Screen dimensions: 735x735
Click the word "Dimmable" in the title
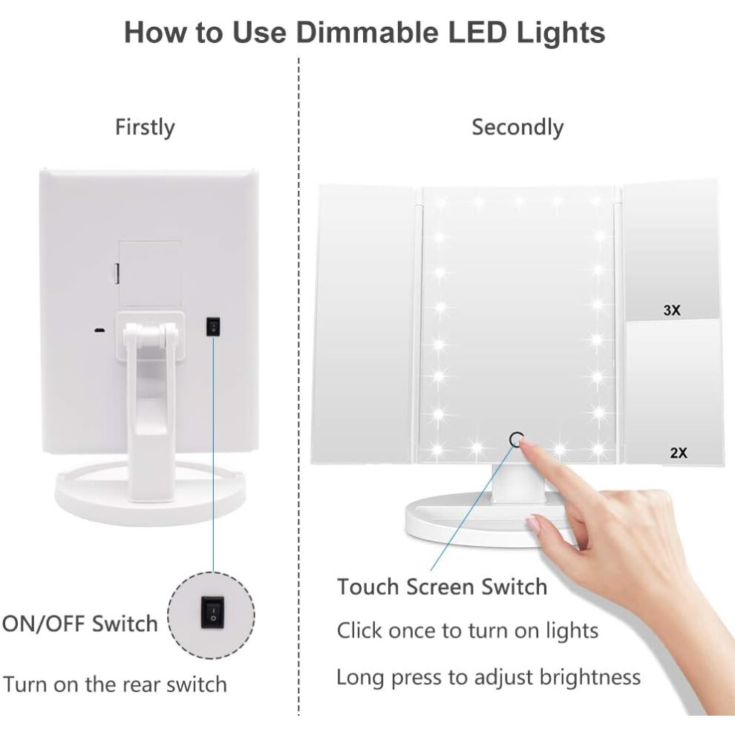(368, 33)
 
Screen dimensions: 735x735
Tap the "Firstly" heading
(145, 128)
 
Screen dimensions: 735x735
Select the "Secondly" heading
(517, 128)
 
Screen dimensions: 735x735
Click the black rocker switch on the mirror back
(213, 326)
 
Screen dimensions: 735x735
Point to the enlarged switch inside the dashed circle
(213, 612)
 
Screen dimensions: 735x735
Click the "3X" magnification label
(672, 310)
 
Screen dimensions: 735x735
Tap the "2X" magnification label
(679, 453)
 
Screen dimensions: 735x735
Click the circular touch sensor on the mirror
(516, 440)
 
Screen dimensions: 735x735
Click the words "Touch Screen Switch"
(442, 587)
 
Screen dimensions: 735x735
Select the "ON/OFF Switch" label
(79, 624)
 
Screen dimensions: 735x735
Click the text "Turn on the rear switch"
(115, 685)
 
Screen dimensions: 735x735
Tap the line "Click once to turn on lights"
(467, 630)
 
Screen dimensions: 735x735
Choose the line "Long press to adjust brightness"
(489, 677)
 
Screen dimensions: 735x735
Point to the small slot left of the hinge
(99, 330)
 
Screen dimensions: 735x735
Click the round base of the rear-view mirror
(150, 497)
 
